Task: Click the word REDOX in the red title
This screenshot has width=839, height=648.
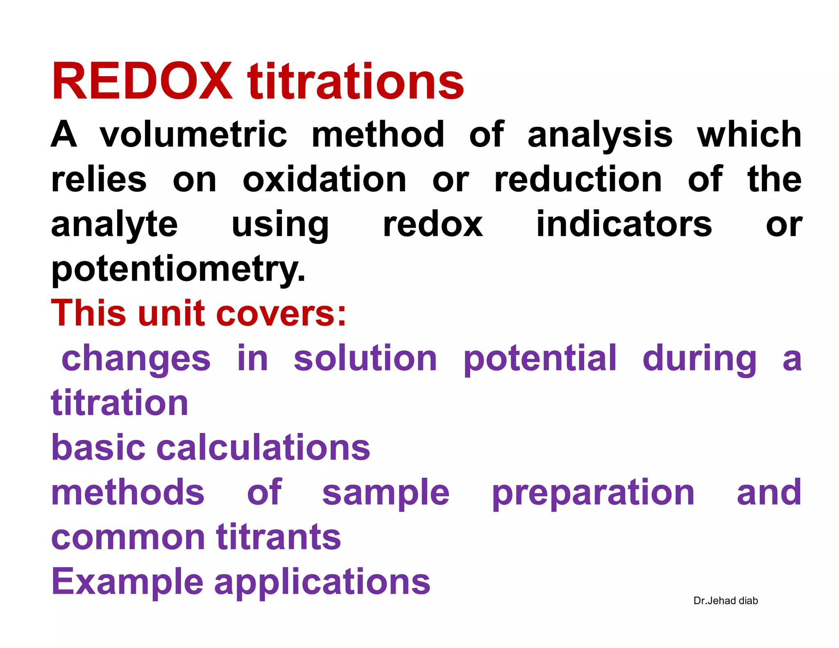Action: tap(142, 81)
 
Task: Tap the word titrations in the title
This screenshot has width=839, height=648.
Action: tap(356, 82)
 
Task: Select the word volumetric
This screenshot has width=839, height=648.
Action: tap(193, 135)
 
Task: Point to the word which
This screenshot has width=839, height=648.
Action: tap(749, 135)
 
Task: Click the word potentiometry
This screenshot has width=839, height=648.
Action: tap(178, 270)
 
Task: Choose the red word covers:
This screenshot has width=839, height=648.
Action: tap(281, 314)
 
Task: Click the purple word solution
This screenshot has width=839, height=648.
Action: tap(365, 358)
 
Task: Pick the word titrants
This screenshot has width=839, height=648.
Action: tap(279, 537)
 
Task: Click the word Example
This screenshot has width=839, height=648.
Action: tap(127, 583)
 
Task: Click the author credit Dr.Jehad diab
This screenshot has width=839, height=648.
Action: tap(726, 600)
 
